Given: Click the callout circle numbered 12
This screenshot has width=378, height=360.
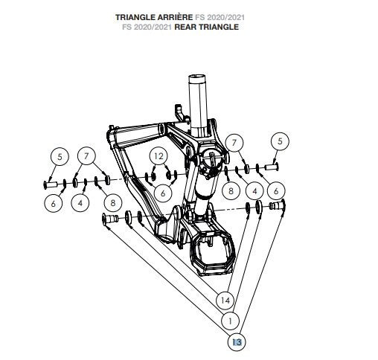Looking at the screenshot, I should click(158, 155).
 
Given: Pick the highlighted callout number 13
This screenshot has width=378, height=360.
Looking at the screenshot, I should click(237, 341).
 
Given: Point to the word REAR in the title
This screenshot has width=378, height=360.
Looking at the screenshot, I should click(188, 27).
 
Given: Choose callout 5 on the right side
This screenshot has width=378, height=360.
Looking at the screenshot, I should click(281, 141).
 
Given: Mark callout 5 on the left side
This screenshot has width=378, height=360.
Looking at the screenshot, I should click(58, 156).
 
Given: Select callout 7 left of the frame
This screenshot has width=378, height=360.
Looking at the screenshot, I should click(88, 156).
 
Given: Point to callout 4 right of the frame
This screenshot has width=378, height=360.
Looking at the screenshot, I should click(254, 190).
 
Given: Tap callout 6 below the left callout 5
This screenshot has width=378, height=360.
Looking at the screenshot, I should click(53, 202).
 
